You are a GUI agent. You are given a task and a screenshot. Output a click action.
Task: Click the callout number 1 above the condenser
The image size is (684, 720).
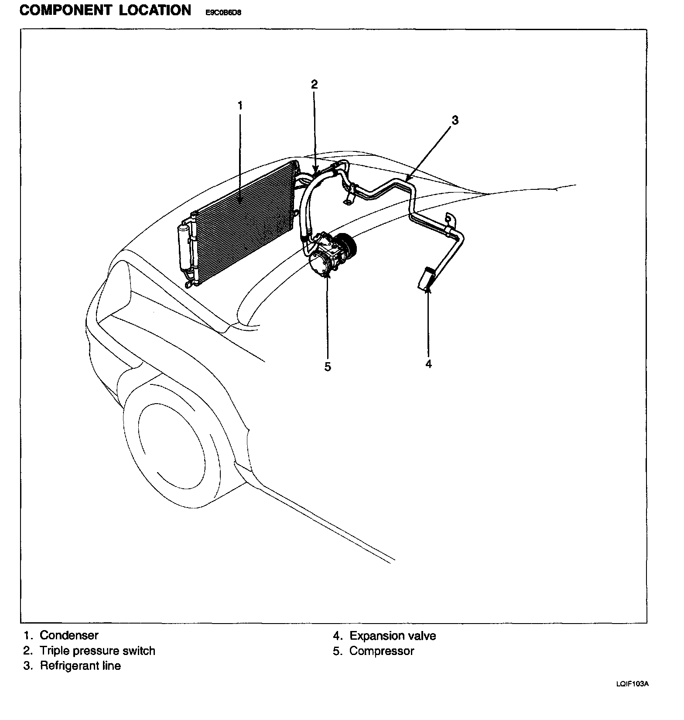click(240, 106)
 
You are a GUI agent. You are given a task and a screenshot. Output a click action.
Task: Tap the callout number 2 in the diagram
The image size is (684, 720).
click(315, 85)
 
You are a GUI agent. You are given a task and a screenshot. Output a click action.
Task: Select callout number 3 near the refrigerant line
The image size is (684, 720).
click(455, 120)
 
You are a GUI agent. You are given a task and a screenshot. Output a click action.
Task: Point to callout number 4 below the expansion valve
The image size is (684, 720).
click(428, 363)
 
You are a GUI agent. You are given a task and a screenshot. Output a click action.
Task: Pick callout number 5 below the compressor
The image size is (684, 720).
click(328, 367)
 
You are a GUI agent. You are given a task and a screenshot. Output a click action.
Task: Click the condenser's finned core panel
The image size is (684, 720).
click(244, 223)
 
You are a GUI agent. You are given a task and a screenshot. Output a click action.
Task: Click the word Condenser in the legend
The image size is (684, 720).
click(69, 635)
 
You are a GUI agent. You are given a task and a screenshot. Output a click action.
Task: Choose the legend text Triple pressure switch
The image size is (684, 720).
click(97, 651)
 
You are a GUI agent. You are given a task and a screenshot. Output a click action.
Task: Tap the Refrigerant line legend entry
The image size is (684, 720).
click(80, 665)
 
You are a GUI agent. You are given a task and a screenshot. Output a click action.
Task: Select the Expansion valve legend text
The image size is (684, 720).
click(393, 636)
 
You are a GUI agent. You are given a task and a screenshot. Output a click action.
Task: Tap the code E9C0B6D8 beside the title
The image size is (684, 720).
click(223, 13)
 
